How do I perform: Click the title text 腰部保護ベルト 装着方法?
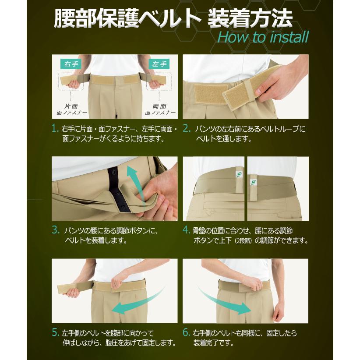point(173,18)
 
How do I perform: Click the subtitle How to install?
point(263,37)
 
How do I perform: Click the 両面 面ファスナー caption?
point(159,109)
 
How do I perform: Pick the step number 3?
point(55,229)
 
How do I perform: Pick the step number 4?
point(187,229)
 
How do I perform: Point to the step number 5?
point(55,333)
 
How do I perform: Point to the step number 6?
point(187,333)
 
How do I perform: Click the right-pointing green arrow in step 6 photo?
point(228,302)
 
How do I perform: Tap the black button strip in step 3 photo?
point(115,188)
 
